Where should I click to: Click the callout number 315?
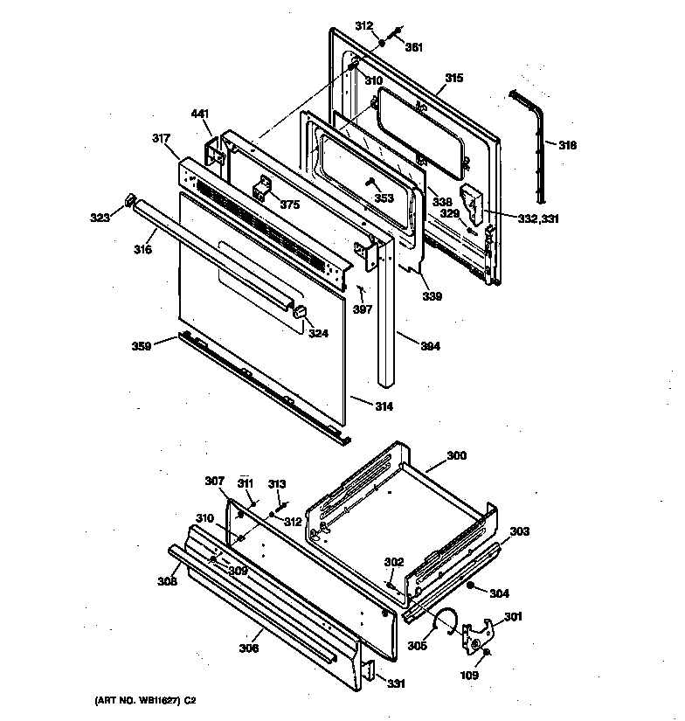pos(453,79)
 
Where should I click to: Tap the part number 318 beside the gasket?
pos(567,145)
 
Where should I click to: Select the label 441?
pos(200,114)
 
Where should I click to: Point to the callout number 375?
pos(288,205)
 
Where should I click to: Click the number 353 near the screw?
pos(384,198)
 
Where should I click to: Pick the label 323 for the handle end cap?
pos(99,218)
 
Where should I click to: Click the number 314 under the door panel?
pos(384,406)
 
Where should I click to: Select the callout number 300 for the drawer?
pos(456,455)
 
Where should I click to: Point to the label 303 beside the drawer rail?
pos(519,531)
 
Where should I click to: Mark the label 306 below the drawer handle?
pos(249,648)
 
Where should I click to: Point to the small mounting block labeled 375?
pos(261,190)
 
